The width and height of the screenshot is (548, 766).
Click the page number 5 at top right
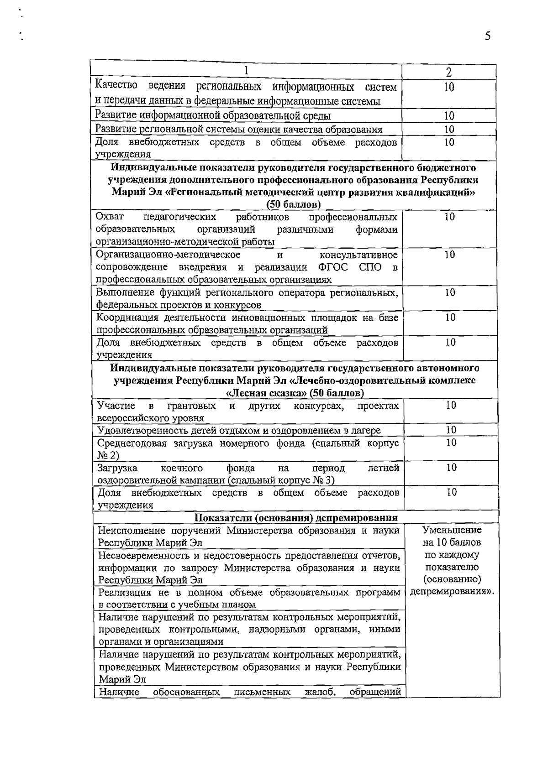(x=488, y=36)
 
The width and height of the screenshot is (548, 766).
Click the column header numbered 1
(x=246, y=71)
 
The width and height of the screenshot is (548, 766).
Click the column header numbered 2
(x=449, y=72)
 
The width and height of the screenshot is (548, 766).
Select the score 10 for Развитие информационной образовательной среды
(x=449, y=116)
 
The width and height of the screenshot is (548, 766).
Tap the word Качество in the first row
(x=116, y=85)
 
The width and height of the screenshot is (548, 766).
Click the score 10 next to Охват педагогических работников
(x=450, y=217)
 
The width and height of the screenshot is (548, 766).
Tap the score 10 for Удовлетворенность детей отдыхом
(x=451, y=430)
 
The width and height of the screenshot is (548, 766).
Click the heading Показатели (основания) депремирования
(x=296, y=517)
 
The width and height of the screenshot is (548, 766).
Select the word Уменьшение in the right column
(x=452, y=530)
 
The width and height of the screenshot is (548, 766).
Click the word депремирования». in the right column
(x=452, y=592)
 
